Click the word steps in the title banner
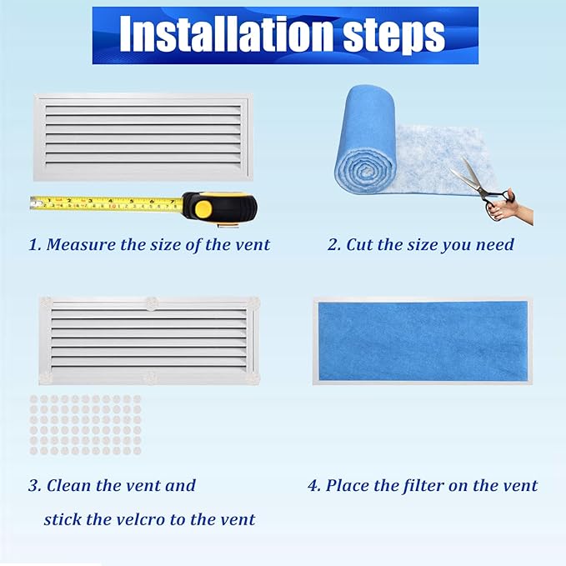[392, 34]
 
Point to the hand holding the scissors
[508, 205]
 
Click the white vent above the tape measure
[141, 137]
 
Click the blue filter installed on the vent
[420, 340]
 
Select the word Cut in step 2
[358, 245]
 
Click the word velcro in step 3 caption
[157, 519]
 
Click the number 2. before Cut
[333, 245]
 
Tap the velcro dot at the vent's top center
[150, 301]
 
